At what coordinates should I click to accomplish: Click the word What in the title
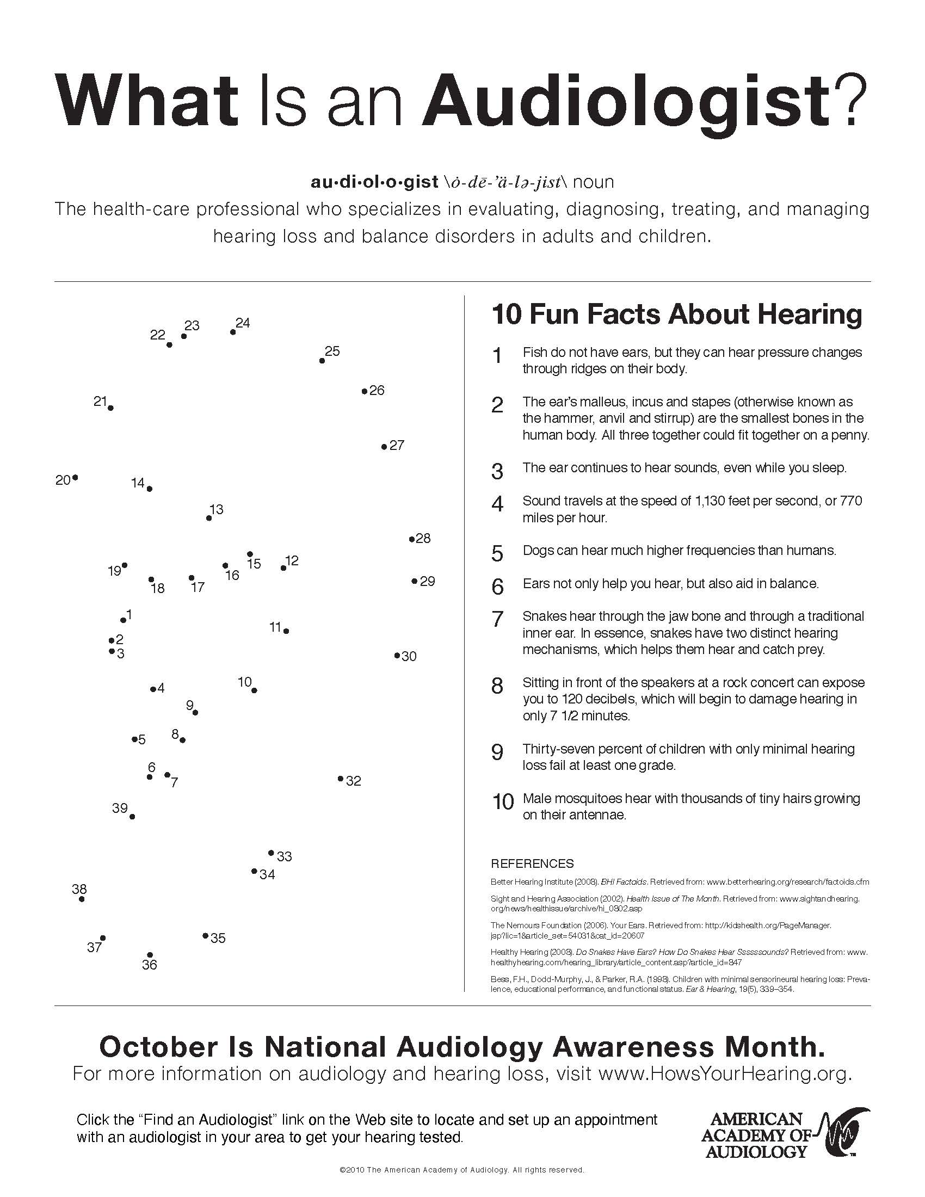[147, 102]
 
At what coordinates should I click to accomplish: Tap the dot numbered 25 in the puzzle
[322, 361]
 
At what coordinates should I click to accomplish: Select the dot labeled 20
[75, 478]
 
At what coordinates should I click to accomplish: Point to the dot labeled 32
[340, 778]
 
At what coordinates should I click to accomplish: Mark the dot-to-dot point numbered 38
[82, 899]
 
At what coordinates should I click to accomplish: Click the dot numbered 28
[412, 539]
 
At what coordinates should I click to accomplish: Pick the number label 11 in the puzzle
[275, 626]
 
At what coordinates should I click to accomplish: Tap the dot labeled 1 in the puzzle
[124, 620]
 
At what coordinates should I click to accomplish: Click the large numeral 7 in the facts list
[497, 619]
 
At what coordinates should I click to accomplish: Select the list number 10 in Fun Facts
[503, 801]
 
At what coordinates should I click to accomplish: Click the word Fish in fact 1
[534, 352]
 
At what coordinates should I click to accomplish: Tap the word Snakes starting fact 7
[542, 616]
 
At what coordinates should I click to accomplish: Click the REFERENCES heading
[532, 864]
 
